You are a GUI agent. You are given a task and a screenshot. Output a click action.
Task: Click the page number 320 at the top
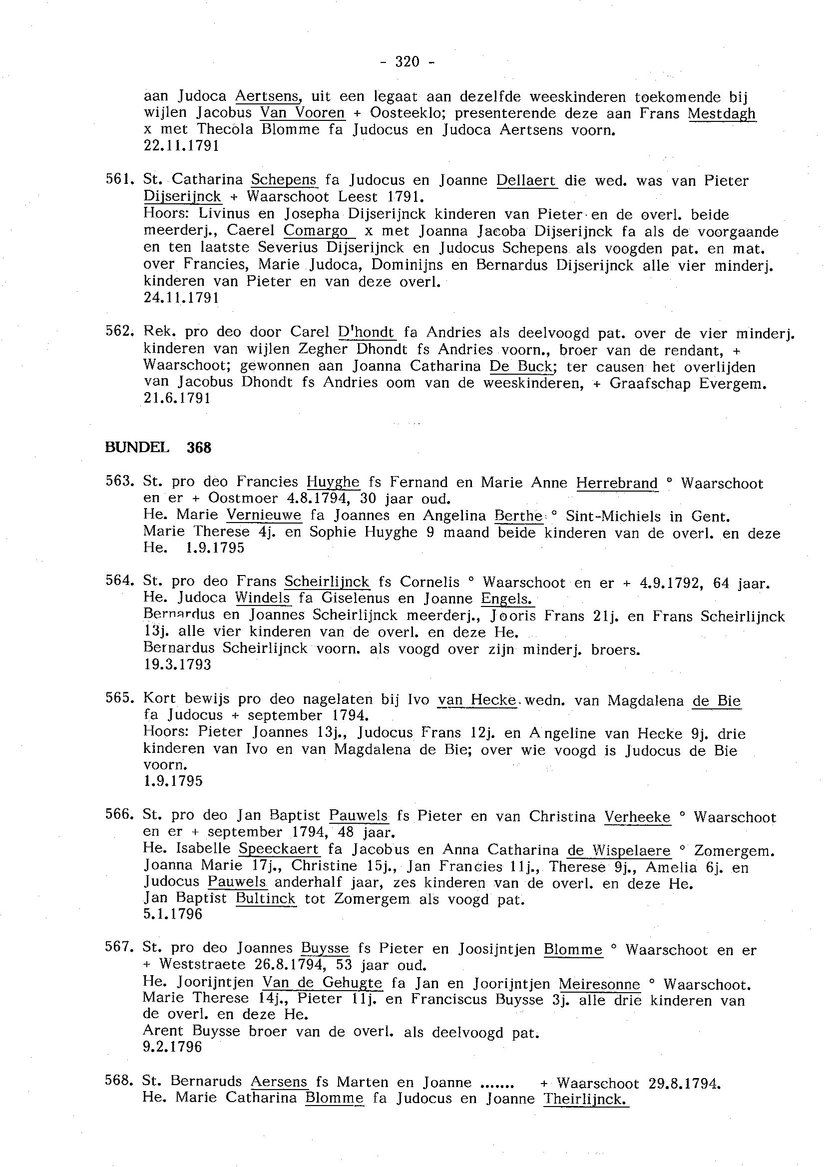click(407, 62)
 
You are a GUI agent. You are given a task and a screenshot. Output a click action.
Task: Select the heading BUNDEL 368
click(158, 448)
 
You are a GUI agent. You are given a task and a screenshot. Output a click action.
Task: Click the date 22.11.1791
click(182, 146)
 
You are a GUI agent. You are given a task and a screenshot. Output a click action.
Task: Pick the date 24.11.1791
click(182, 298)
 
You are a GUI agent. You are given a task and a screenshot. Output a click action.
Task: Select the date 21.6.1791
click(177, 399)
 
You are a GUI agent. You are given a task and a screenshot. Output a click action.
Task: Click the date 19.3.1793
click(177, 665)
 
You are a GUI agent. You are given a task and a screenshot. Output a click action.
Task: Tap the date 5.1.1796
click(173, 914)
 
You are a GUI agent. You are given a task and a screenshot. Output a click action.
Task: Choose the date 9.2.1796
click(173, 1047)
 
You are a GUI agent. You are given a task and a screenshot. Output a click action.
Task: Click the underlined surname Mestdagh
click(722, 113)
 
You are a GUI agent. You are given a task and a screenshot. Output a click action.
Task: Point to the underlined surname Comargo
click(316, 231)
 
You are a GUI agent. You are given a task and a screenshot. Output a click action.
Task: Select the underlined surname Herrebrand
click(617, 483)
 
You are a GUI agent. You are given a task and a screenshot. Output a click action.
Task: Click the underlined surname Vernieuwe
click(264, 516)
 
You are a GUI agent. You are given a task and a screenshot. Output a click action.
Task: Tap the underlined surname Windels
click(263, 598)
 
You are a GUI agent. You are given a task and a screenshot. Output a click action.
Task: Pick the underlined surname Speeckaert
click(279, 849)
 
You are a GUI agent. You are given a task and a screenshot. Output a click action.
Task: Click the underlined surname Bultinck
click(265, 898)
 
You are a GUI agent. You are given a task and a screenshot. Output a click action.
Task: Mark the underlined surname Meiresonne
click(599, 984)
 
